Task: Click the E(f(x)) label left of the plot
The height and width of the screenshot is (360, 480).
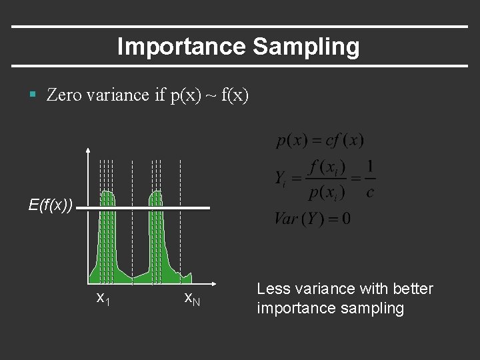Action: tap(51, 205)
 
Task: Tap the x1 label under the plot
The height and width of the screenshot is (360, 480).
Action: tap(103, 298)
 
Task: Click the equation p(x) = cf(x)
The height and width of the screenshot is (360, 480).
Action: tap(320, 141)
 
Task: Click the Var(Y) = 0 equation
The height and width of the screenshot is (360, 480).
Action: tap(312, 218)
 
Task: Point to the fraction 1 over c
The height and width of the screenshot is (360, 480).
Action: tap(370, 178)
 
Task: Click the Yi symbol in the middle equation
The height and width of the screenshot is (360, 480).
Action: tap(281, 179)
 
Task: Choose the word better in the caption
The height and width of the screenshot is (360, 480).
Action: tap(412, 289)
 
